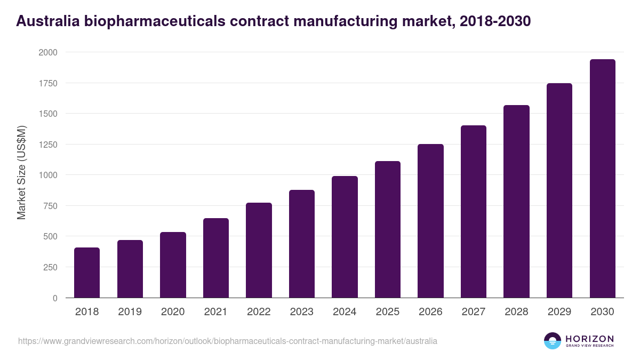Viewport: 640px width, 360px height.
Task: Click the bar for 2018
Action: [x=87, y=273]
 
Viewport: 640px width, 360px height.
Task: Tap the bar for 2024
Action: [x=345, y=237]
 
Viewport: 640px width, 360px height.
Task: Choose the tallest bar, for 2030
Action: [x=602, y=179]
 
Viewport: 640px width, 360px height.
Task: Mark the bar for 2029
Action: [x=559, y=190]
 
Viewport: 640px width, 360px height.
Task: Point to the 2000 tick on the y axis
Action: [x=47, y=52]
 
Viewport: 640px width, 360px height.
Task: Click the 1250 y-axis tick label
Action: [x=47, y=145]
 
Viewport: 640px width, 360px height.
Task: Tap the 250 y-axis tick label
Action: [x=50, y=267]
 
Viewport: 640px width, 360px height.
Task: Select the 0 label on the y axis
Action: [x=55, y=298]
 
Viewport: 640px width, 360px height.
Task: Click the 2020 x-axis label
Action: [x=173, y=312]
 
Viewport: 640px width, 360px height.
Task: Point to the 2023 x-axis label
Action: [x=302, y=312]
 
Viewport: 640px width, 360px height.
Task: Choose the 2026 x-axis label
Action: [x=430, y=312]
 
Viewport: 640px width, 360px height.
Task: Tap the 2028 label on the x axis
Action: [x=516, y=312]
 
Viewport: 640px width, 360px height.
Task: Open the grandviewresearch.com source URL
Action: [x=228, y=341]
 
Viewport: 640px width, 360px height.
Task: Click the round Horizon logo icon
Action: [x=552, y=341]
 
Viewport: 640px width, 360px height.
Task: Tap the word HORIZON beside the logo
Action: [x=589, y=339]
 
